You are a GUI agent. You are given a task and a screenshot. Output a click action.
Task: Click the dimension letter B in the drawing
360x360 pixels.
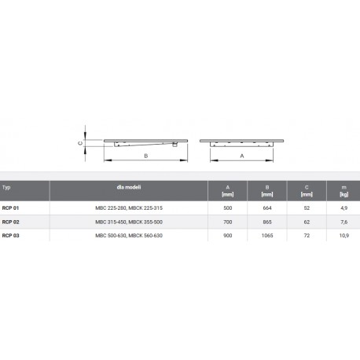coord(146,156)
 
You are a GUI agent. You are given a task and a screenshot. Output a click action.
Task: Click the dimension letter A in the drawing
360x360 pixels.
coord(242,156)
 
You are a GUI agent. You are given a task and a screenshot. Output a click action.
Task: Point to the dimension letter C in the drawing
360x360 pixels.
coord(80,143)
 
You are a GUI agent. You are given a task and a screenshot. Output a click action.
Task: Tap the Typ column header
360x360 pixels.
coord(6,187)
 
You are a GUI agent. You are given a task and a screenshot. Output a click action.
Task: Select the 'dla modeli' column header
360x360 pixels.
coord(129,187)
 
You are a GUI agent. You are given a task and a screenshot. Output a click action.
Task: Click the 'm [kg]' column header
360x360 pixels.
coord(344,191)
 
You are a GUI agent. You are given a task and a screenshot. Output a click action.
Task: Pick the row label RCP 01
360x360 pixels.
coord(10,208)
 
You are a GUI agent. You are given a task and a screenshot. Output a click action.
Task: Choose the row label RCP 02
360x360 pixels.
coord(10,222)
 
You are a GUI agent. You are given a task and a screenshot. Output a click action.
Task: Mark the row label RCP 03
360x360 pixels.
coord(10,236)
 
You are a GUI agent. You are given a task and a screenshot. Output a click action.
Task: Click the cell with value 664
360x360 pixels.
coord(267,208)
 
